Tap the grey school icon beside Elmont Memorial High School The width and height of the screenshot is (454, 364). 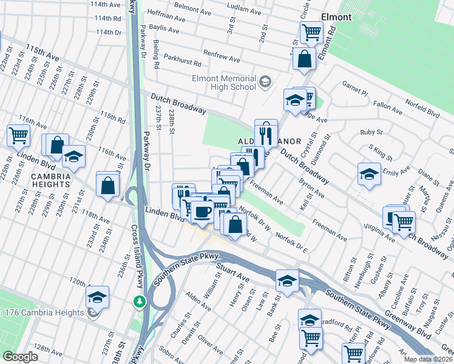click(x=265, y=82)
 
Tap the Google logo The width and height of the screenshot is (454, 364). click(x=20, y=357)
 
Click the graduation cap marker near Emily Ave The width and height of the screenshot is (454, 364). click(x=368, y=174)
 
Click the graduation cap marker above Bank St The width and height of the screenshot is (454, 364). click(x=287, y=280)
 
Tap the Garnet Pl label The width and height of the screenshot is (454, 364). click(x=354, y=89)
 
